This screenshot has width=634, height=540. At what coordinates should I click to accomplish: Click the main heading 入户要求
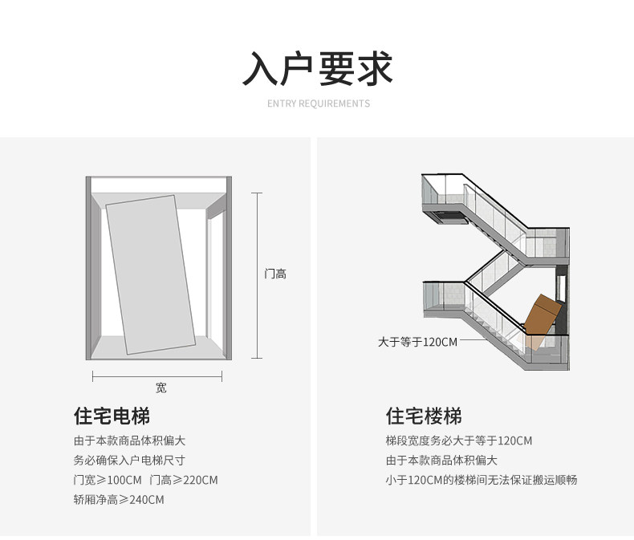(317, 69)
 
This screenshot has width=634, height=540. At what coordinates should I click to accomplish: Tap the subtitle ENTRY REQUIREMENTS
(318, 104)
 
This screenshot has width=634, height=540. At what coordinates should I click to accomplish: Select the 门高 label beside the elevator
(275, 274)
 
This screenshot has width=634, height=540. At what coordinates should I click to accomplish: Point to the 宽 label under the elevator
(161, 388)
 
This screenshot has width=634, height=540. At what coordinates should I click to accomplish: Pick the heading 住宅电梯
(112, 416)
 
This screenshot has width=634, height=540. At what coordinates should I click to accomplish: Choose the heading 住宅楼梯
(424, 416)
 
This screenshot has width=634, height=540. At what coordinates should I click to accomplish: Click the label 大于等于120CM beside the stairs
(417, 342)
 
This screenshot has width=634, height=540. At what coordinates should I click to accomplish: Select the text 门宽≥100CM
(108, 481)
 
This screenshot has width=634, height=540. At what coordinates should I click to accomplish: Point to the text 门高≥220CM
(184, 481)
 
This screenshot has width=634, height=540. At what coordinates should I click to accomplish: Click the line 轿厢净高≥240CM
(119, 500)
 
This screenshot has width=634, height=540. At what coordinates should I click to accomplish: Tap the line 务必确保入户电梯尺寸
(129, 461)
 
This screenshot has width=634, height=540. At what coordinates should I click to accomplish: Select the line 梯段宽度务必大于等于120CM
(458, 441)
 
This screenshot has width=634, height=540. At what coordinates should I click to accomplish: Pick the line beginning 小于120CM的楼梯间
(481, 481)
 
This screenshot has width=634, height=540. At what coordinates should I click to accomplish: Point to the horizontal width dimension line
(161, 376)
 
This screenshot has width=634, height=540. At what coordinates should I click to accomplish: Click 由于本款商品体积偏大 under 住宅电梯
(129, 441)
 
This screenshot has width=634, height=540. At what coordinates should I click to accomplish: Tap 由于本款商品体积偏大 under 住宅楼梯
(441, 461)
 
